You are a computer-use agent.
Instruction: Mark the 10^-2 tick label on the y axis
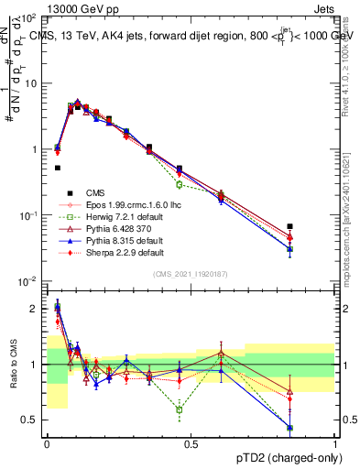(x=27, y=281)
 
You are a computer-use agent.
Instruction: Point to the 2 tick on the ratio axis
(x=36, y=309)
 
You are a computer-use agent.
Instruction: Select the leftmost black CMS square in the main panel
(x=58, y=168)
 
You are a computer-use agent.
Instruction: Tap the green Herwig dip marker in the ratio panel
(x=180, y=409)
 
